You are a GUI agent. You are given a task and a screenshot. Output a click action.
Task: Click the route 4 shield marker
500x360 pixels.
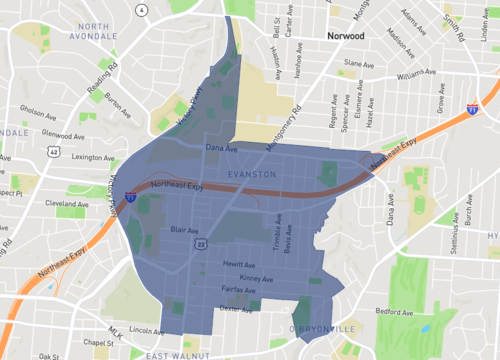click(143, 9)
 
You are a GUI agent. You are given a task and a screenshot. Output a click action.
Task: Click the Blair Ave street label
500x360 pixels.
click(183, 228)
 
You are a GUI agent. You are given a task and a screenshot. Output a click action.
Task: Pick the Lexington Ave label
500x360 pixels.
click(80, 157)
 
